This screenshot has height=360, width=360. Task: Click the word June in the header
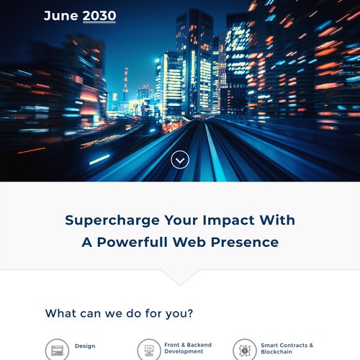(61, 16)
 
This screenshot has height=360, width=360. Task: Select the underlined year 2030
(99, 16)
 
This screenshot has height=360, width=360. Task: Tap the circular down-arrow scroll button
(180, 160)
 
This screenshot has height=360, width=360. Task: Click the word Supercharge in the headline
(112, 221)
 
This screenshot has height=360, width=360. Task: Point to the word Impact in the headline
(228, 220)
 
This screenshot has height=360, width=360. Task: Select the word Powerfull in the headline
(132, 242)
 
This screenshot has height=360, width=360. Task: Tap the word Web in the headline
(189, 242)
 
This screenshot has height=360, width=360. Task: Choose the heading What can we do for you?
(119, 314)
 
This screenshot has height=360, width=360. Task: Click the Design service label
(85, 346)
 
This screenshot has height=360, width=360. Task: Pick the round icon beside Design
(57, 350)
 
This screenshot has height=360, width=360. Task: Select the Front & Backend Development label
(188, 348)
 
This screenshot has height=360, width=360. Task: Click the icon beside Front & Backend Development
(149, 350)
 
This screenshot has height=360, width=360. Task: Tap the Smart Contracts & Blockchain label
(287, 348)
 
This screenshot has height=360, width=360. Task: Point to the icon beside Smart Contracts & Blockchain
(245, 350)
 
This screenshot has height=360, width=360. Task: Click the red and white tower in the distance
(125, 84)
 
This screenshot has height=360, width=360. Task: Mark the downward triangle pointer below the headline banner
(180, 278)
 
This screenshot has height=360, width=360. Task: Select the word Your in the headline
(181, 220)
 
